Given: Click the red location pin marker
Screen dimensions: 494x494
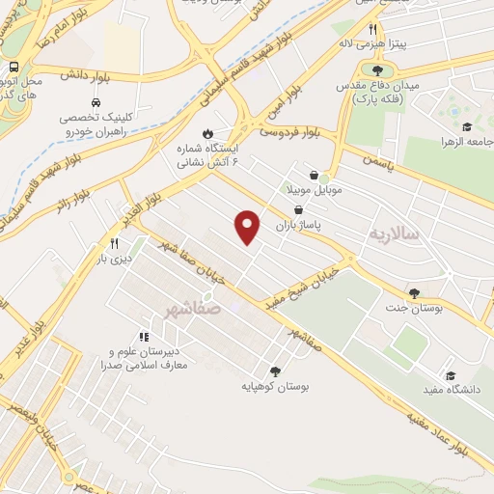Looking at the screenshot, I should [x=248, y=225].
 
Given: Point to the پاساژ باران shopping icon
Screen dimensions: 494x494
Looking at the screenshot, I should [x=297, y=209].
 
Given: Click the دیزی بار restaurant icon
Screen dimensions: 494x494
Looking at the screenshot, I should [x=114, y=244].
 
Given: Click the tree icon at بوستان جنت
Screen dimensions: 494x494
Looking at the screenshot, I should [x=415, y=293].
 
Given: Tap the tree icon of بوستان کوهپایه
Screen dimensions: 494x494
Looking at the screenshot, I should [x=275, y=370].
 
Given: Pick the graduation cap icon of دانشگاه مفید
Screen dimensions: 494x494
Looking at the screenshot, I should [x=450, y=375].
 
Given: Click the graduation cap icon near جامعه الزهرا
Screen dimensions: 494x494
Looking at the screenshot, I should [x=467, y=126].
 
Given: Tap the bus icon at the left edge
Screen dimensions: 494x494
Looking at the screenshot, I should [x=14, y=68].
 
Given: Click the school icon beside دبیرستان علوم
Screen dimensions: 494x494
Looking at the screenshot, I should [x=144, y=338].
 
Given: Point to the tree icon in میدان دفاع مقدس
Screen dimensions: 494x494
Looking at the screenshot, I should [x=376, y=70].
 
